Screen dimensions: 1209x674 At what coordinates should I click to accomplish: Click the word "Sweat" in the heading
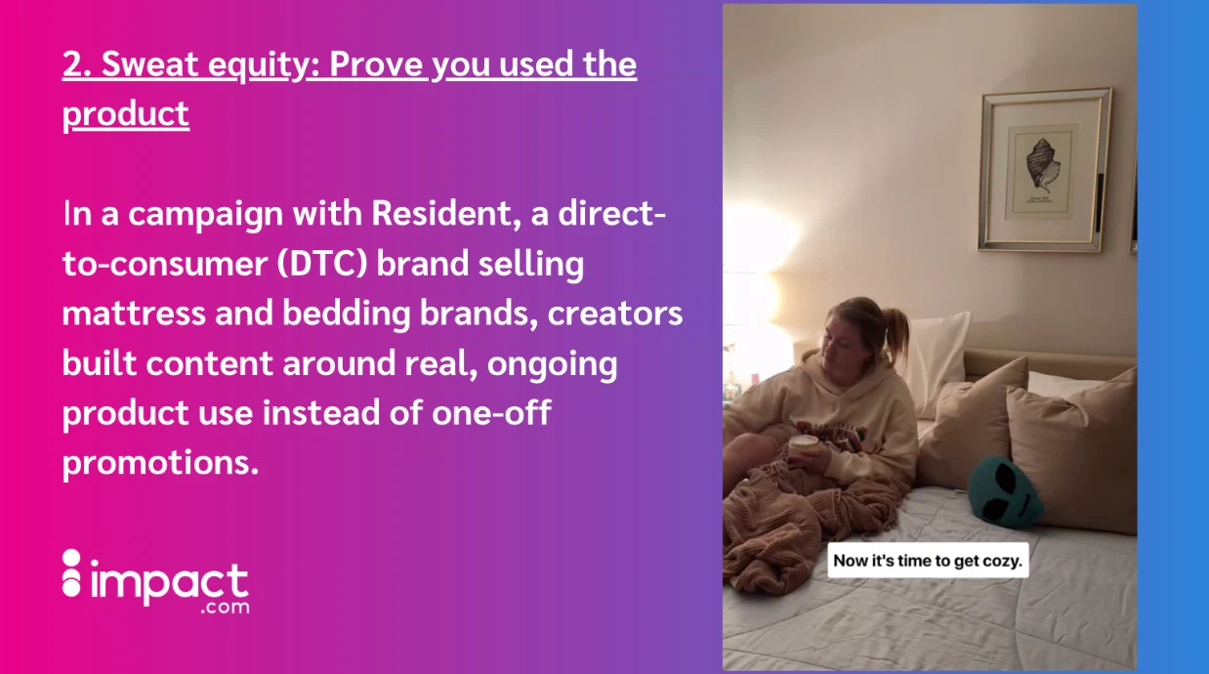point(149,63)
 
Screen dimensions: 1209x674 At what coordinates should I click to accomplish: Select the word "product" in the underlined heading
point(126,115)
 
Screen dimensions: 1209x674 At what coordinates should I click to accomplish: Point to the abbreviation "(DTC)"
point(322,264)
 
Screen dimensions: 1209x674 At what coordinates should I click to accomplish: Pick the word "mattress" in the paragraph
point(134,314)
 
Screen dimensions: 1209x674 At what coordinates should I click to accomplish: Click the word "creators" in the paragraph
point(615,314)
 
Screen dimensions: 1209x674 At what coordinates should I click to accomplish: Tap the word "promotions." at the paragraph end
point(161,463)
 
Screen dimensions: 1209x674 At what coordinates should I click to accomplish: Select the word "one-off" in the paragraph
point(491,412)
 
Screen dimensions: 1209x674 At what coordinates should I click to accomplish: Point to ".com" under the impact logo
point(225,608)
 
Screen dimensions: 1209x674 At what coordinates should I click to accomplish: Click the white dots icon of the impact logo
point(71,573)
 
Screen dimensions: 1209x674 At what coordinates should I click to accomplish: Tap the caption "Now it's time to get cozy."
point(928,561)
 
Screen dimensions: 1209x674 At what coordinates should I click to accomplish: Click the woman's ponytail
point(896,329)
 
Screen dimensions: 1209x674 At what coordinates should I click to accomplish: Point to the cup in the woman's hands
point(804,446)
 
